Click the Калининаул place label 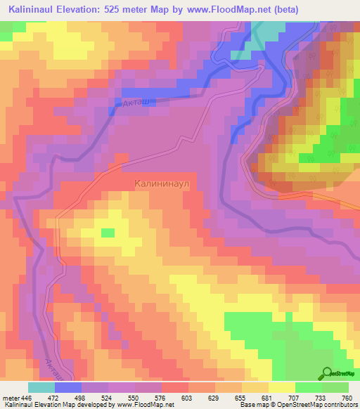pos(163,183)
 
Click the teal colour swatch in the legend pos(41,387)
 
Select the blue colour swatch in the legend pos(68,387)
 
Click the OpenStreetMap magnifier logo pos(327,372)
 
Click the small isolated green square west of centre pos(108,233)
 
